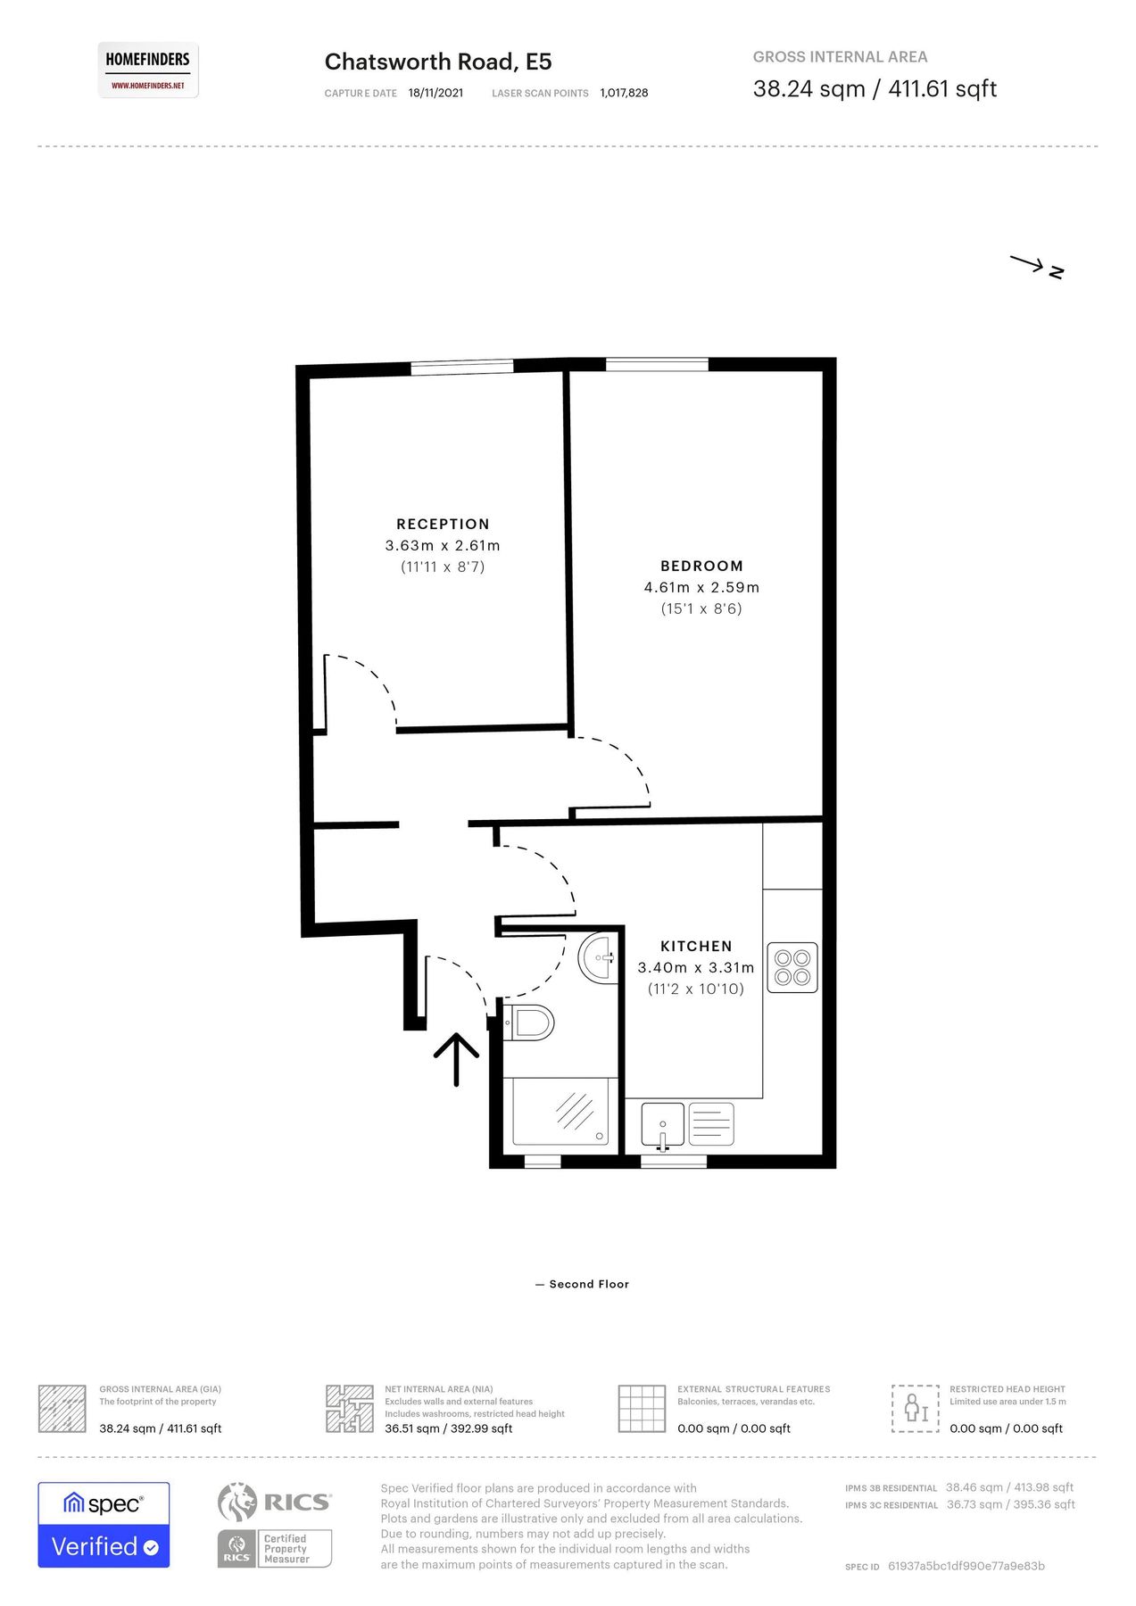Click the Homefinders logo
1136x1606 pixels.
[148, 70]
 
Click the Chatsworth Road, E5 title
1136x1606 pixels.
[437, 62]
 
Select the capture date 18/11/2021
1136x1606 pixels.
[435, 93]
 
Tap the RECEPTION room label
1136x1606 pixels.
[443, 525]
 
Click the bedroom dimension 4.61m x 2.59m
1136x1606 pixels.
[701, 587]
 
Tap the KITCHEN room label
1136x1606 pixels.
[696, 946]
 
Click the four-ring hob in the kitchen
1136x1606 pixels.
[792, 968]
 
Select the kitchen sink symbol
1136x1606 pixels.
[662, 1124]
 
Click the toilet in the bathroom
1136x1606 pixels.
[530, 1022]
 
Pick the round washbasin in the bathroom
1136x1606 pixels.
[597, 958]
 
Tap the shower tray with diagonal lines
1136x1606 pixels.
[560, 1112]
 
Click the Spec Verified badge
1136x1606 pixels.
[104, 1525]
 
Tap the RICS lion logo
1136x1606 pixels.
[236, 1503]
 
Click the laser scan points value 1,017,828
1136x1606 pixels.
[624, 93]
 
